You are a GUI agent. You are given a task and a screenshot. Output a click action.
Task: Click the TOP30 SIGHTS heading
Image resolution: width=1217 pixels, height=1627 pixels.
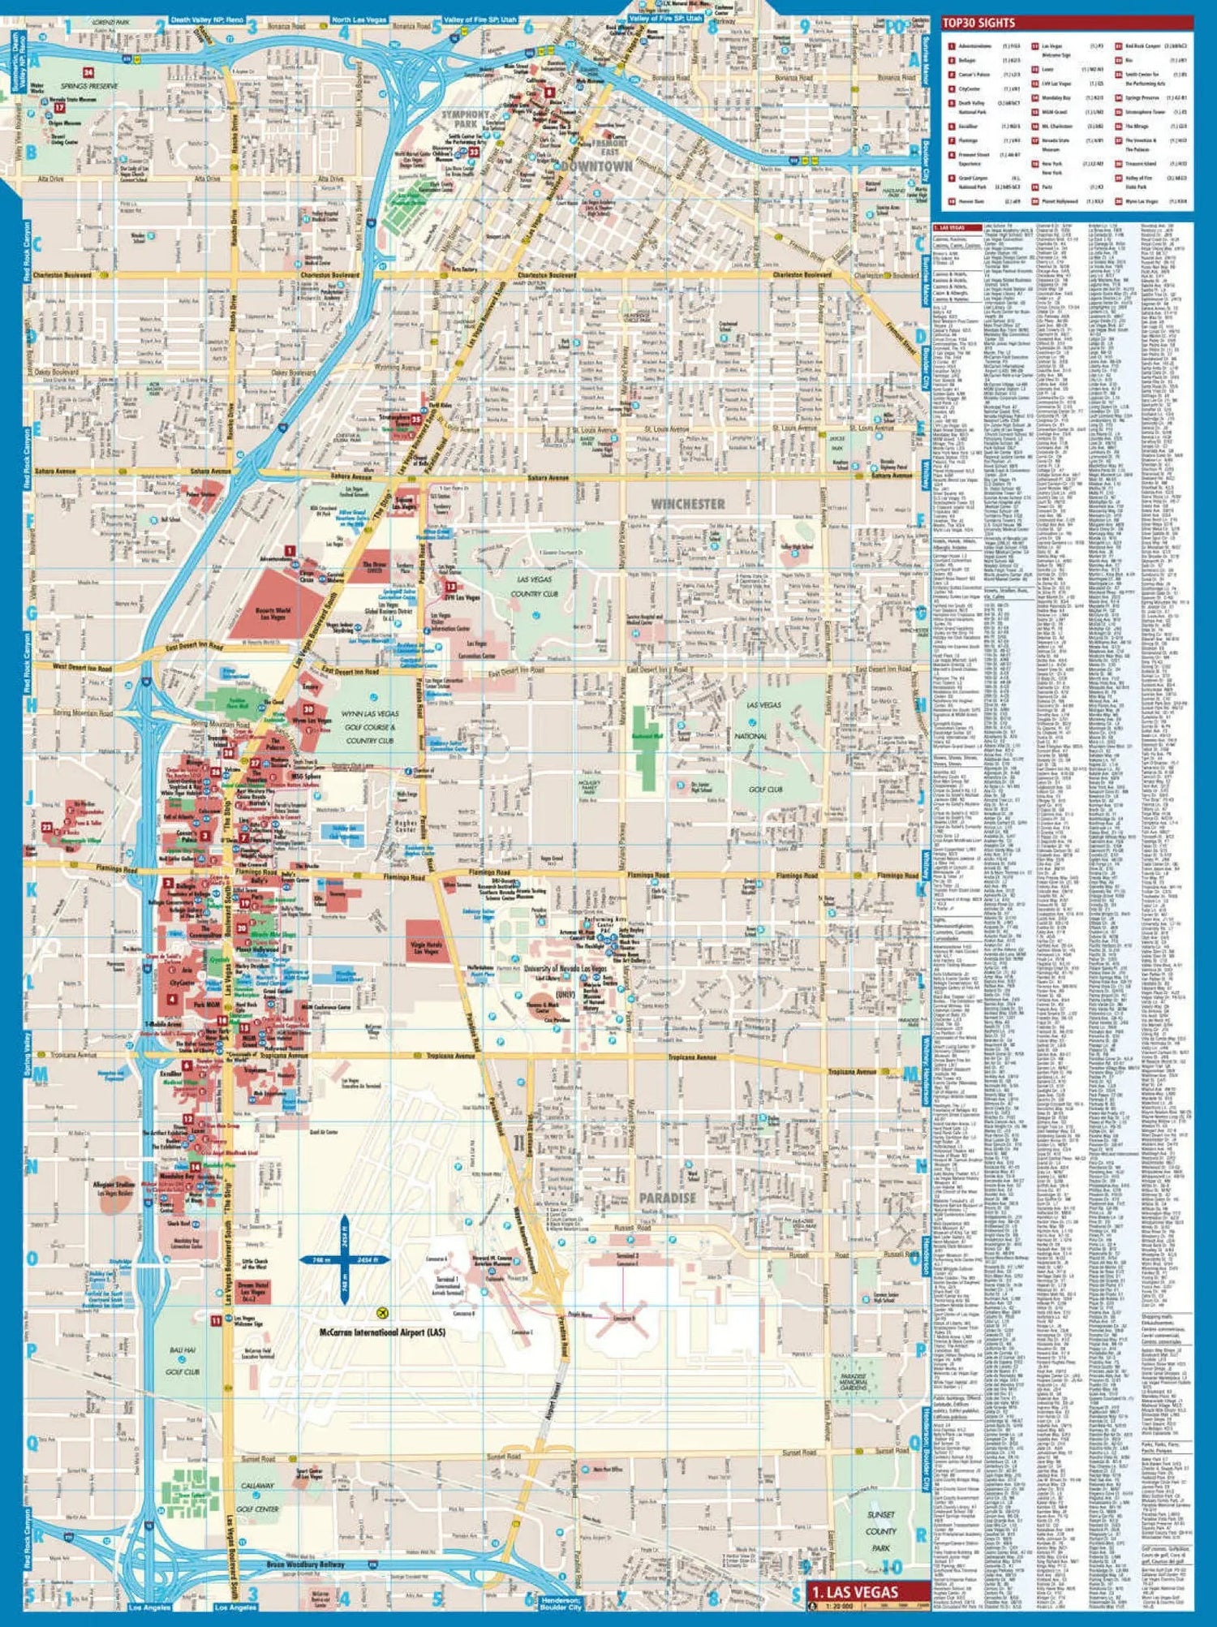(978, 23)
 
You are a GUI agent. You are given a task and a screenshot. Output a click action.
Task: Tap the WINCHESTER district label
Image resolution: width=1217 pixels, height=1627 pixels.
(687, 504)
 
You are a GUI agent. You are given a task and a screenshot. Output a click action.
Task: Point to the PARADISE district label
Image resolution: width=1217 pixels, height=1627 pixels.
(667, 1198)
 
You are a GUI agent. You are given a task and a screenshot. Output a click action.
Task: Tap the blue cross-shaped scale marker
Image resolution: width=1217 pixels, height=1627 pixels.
(345, 1259)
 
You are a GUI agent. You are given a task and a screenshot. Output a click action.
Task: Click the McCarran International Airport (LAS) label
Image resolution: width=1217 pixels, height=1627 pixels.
(382, 1332)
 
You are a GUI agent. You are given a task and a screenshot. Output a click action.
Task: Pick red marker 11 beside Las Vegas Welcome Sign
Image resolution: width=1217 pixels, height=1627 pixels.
(216, 1320)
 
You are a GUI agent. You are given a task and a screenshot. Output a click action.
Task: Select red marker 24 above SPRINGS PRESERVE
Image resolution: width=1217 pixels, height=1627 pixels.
(88, 73)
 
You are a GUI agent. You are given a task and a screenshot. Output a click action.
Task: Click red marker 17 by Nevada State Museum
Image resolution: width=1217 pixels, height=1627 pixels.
(59, 107)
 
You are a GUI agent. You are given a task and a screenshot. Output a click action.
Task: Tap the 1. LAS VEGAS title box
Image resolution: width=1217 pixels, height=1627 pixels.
(868, 1592)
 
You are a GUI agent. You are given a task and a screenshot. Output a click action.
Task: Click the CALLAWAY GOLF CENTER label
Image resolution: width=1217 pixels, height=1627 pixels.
(258, 1497)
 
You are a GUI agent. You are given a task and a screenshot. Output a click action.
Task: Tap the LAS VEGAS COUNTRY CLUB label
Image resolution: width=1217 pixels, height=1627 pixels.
(534, 587)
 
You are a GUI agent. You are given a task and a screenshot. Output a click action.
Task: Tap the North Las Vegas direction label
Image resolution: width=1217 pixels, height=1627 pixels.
(359, 19)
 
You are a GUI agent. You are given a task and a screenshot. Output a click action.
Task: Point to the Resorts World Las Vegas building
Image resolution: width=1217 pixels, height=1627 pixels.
(268, 602)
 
